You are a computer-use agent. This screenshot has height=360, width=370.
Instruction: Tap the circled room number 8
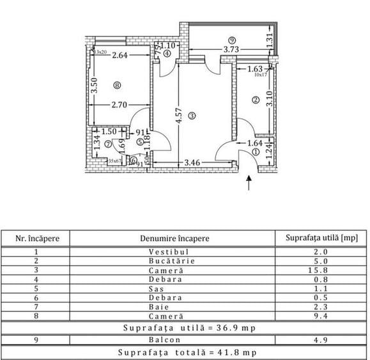coord(116,85)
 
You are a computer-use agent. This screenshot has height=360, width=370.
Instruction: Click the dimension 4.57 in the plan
coord(174,116)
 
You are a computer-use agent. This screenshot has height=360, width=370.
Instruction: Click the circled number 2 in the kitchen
coord(255,100)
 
